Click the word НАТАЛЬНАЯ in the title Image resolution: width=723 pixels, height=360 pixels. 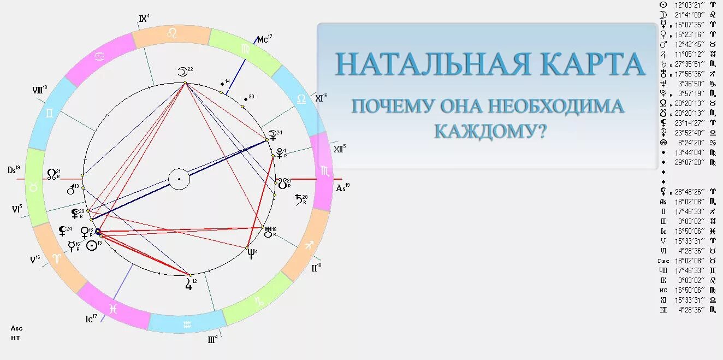(432, 64)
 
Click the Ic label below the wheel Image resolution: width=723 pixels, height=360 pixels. (90, 318)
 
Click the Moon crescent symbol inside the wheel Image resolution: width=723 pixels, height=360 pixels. (182, 72)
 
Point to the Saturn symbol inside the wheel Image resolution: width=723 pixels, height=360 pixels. (299, 199)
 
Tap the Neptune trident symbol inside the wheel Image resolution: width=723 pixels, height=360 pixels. (251, 253)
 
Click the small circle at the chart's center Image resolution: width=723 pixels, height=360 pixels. (179, 179)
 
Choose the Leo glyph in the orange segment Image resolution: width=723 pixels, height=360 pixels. (171, 33)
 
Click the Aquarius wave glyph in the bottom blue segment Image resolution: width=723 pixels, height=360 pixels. (188, 324)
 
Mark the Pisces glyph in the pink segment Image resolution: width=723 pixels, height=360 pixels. (113, 309)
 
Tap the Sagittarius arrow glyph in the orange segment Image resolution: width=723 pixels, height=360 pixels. (309, 245)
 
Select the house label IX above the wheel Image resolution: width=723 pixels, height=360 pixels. (144, 19)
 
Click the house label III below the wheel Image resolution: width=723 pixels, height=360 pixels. (212, 339)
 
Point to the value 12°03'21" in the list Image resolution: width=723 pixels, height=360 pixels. (690, 4)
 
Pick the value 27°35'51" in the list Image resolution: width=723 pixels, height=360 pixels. (690, 64)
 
